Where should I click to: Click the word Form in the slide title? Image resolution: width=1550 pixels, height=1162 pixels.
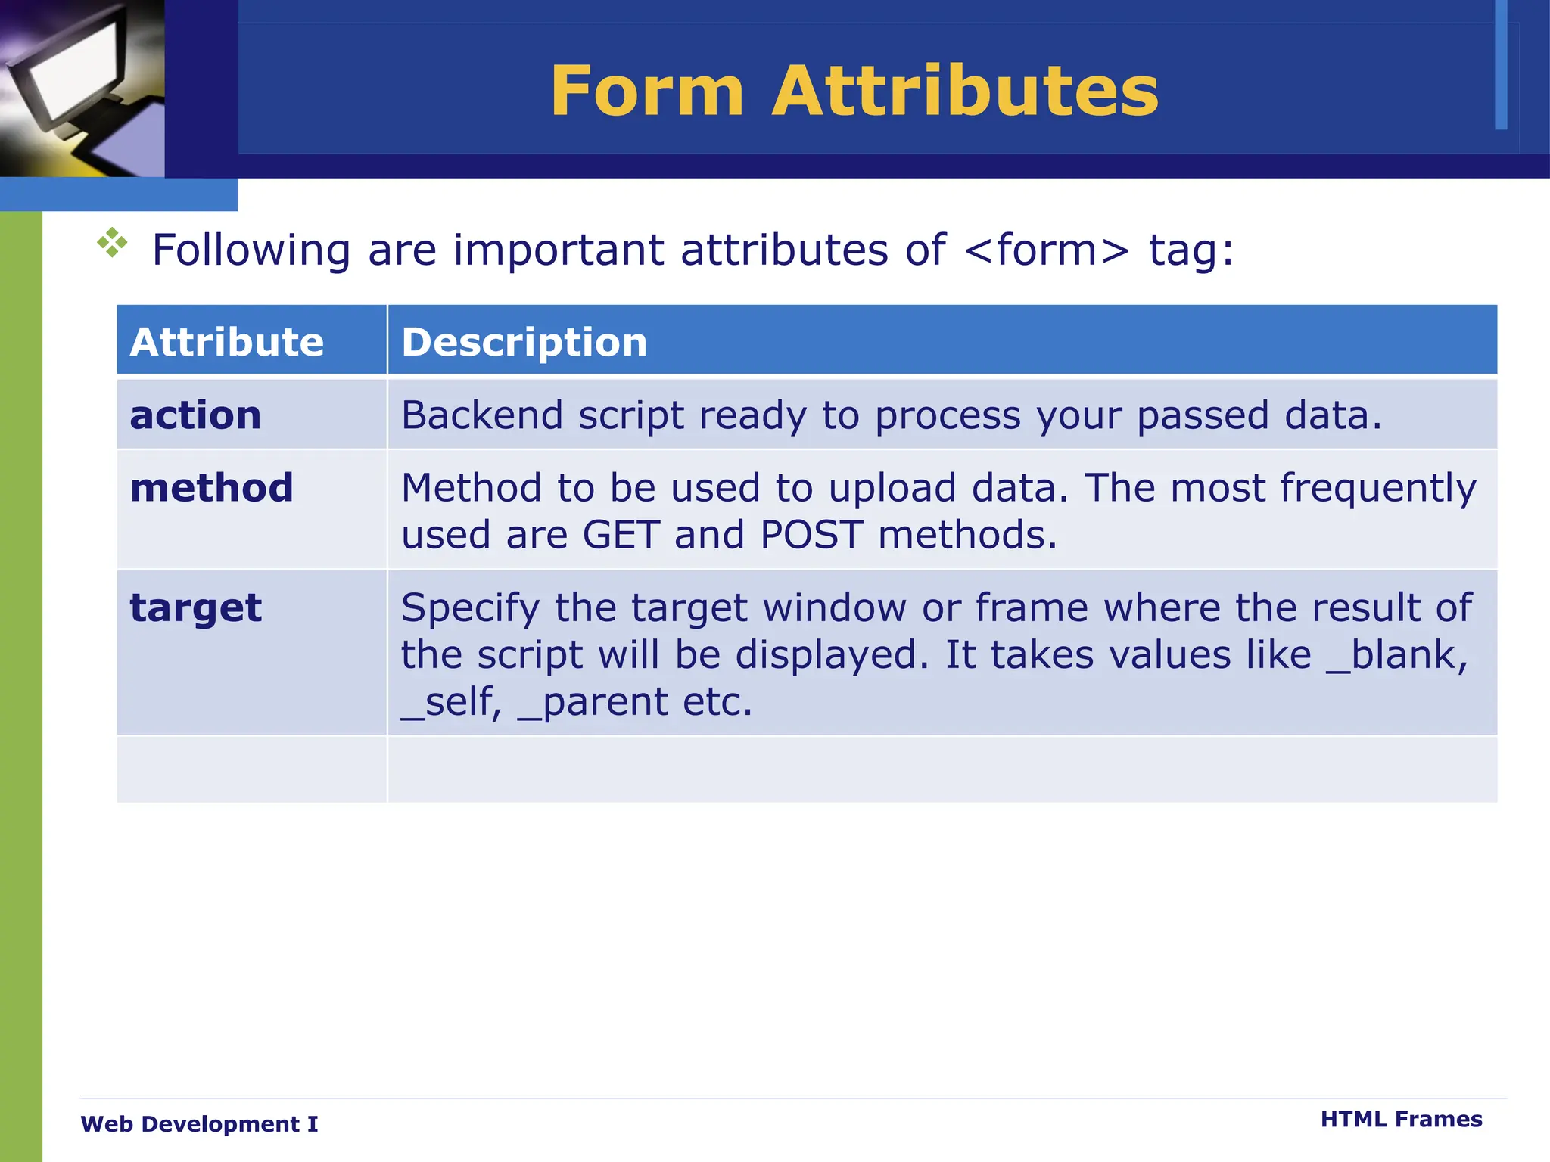(647, 92)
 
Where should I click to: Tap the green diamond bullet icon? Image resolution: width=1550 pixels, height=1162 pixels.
(112, 243)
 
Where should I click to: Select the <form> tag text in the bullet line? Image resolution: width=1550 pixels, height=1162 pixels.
(1047, 250)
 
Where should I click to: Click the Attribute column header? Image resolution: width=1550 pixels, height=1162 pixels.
(227, 342)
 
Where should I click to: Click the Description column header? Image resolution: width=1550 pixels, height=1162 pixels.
(524, 342)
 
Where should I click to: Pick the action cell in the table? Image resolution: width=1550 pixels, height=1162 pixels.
(196, 415)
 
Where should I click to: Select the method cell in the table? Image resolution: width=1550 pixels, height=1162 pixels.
(212, 488)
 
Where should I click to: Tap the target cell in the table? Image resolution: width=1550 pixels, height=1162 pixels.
(196, 608)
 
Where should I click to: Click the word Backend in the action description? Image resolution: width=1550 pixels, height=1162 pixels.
(482, 415)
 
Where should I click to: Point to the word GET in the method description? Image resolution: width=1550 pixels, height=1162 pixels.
(621, 535)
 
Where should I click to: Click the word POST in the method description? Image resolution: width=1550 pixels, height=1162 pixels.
(811, 535)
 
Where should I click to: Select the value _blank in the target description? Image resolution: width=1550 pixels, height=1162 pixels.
(1396, 655)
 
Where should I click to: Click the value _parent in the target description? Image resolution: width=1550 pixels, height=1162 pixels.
(595, 702)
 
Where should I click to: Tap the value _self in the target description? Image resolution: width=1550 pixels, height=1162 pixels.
(451, 702)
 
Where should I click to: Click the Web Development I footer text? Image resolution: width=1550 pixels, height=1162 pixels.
(199, 1124)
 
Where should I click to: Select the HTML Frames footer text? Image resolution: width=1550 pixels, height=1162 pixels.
(1401, 1120)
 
